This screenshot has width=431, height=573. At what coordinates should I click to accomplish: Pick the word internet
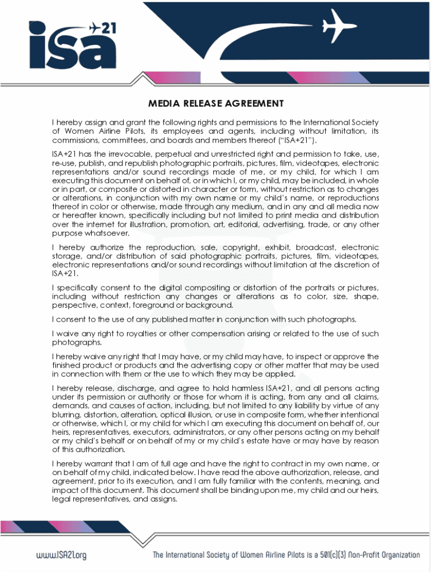click(99, 225)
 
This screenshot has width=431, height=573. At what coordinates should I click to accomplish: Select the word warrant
click(100, 463)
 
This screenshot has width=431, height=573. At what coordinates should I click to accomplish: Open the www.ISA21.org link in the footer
click(62, 555)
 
